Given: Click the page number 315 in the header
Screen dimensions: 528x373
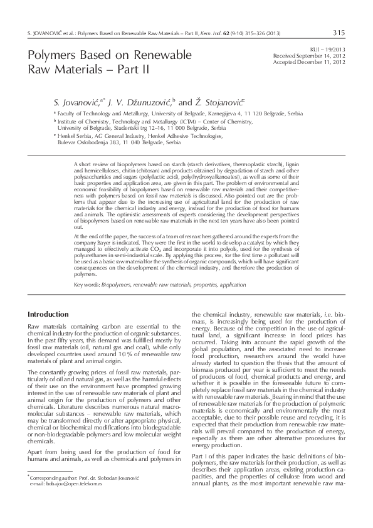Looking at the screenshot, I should tap(339, 33).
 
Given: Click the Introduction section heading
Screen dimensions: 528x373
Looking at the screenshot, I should tap(49, 314).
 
